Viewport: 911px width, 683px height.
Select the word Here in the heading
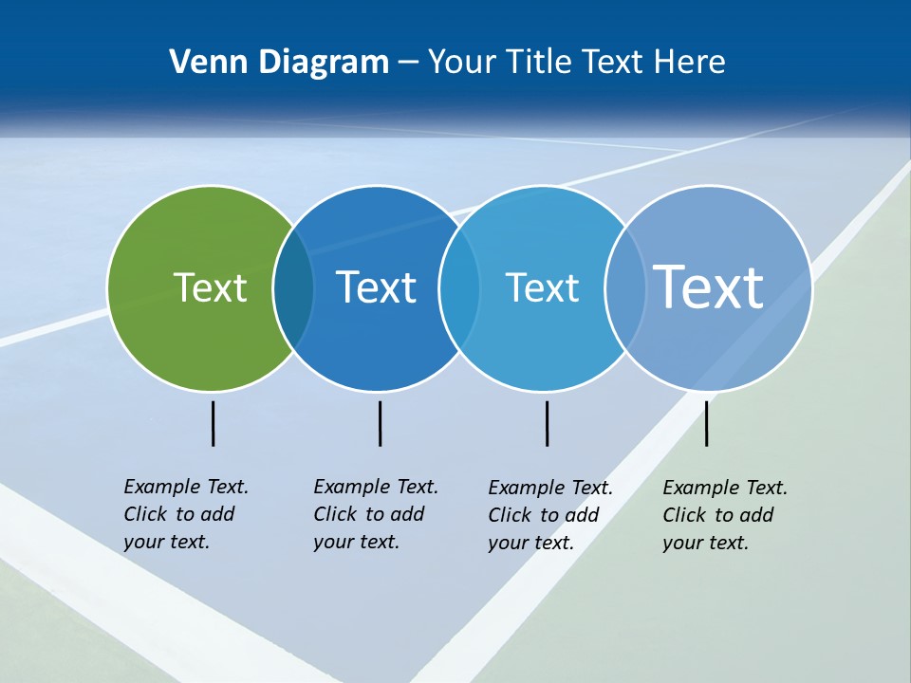(690, 63)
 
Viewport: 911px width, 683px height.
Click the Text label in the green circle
(210, 287)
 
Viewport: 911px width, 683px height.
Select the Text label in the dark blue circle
(377, 287)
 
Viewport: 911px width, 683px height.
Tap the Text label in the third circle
(542, 287)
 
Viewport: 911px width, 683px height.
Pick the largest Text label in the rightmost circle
(709, 286)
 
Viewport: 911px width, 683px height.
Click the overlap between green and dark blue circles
(293, 288)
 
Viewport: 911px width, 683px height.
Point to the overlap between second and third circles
(459, 288)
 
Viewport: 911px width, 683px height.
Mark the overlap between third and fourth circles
(625, 288)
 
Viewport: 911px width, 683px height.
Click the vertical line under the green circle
(213, 423)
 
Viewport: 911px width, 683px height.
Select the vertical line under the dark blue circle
(380, 423)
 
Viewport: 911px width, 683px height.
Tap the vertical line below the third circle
(547, 423)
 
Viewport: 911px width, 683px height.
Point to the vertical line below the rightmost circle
(706, 423)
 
